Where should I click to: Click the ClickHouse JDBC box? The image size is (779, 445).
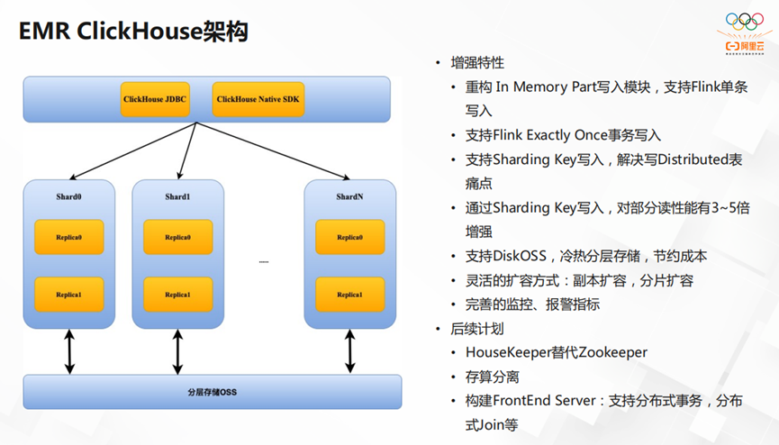(155, 99)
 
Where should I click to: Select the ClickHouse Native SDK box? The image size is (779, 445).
(258, 99)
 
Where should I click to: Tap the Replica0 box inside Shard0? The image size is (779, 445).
(69, 237)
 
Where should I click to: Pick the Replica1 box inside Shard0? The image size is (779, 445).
(69, 295)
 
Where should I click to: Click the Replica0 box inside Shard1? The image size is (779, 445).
(177, 237)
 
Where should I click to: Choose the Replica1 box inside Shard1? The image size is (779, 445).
(177, 295)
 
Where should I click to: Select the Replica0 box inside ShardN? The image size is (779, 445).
(349, 237)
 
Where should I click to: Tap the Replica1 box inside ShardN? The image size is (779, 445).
(349, 295)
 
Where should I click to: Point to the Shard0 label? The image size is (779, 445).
(69, 196)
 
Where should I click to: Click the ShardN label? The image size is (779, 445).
(349, 196)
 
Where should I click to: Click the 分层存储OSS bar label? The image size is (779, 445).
(212, 392)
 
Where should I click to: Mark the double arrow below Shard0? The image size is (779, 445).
(69, 351)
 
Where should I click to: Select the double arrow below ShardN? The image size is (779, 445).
(349, 351)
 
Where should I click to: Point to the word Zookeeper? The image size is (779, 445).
(608, 352)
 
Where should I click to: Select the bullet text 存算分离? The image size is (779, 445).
(492, 377)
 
